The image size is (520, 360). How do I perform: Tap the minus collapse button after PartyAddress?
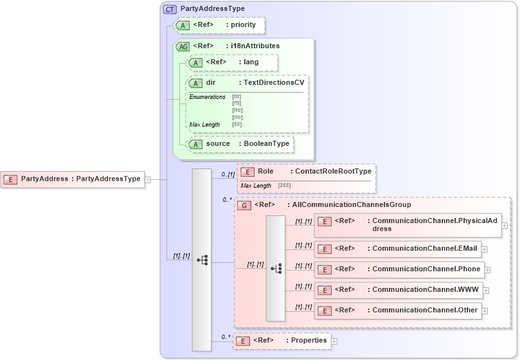(x=148, y=179)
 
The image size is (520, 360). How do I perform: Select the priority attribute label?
(x=244, y=25)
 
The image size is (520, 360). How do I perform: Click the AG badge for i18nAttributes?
(x=183, y=46)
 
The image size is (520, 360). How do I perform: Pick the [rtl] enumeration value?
(x=237, y=103)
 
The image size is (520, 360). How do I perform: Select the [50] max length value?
(x=237, y=124)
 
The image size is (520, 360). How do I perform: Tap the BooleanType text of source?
(x=266, y=144)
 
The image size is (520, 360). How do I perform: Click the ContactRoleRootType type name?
(x=331, y=172)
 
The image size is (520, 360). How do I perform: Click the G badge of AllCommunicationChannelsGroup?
(x=244, y=205)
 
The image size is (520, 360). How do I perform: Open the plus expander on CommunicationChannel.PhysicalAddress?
(x=505, y=225)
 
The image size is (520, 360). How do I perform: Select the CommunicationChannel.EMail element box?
(x=401, y=249)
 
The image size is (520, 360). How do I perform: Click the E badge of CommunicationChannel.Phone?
(x=325, y=269)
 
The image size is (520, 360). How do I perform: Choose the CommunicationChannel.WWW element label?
(x=425, y=290)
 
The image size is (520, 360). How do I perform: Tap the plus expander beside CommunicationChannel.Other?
(x=484, y=310)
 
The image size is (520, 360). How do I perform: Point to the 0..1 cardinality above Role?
(x=227, y=174)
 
